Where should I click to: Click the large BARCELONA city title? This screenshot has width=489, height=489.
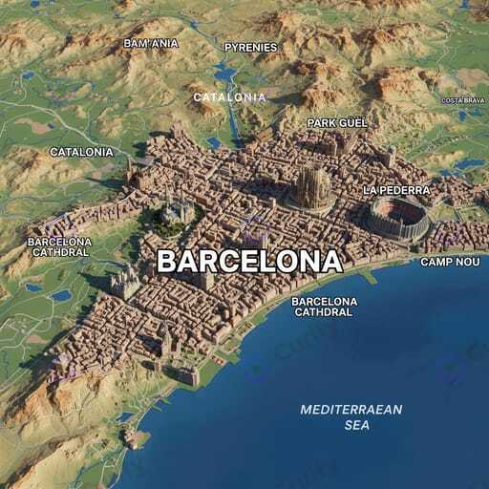coord(248,261)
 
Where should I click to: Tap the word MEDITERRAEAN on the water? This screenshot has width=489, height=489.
coord(351,410)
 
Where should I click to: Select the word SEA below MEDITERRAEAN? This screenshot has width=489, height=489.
coord(356,425)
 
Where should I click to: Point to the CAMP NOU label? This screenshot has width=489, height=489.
coord(450,262)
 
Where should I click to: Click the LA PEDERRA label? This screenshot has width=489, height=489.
coord(396,190)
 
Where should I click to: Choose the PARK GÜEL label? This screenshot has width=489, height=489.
coord(337,123)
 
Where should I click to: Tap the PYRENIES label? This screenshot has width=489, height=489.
coord(250,47)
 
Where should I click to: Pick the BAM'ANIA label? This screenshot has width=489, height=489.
coord(151,43)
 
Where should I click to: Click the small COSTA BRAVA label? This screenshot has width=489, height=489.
coord(464,100)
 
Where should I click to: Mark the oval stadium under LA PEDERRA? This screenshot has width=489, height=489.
coord(398,219)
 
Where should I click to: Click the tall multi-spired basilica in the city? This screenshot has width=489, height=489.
coord(312,186)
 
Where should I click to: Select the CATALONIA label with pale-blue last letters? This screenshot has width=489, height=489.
coord(229,96)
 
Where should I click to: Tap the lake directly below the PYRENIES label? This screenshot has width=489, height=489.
coord(225,73)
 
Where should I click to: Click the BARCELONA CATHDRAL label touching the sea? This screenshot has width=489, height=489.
coord(325,307)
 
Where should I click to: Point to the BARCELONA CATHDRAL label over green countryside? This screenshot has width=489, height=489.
coord(60,247)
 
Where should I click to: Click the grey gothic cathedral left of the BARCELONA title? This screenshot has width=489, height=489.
coord(124,282)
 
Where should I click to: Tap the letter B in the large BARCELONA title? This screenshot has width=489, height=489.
coord(167,261)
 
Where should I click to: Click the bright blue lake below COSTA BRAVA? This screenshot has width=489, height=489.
coord(469,164)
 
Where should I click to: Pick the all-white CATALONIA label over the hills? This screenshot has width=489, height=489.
coord(81,152)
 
